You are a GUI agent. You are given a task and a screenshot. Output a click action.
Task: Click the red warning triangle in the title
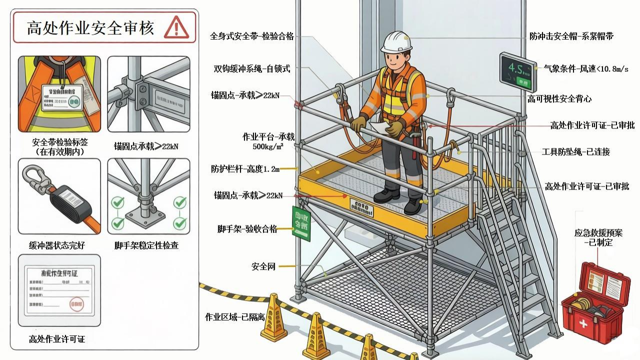176,27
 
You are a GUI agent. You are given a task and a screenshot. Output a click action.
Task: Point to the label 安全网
263,266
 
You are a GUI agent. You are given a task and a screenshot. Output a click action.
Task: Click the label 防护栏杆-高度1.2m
245,169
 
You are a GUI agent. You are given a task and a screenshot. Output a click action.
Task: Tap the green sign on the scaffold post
301,223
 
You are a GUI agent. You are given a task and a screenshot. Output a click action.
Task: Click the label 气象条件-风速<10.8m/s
586,68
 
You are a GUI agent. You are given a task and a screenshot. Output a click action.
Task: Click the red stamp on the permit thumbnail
76,303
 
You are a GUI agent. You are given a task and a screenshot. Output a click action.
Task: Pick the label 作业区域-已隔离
234,317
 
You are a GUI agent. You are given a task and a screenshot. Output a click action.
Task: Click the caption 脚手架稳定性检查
146,245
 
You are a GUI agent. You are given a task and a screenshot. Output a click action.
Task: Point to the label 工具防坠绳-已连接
575,151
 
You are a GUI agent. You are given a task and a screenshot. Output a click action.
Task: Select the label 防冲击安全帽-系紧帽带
571,36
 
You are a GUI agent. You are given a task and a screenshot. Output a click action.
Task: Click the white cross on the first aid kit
583,323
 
